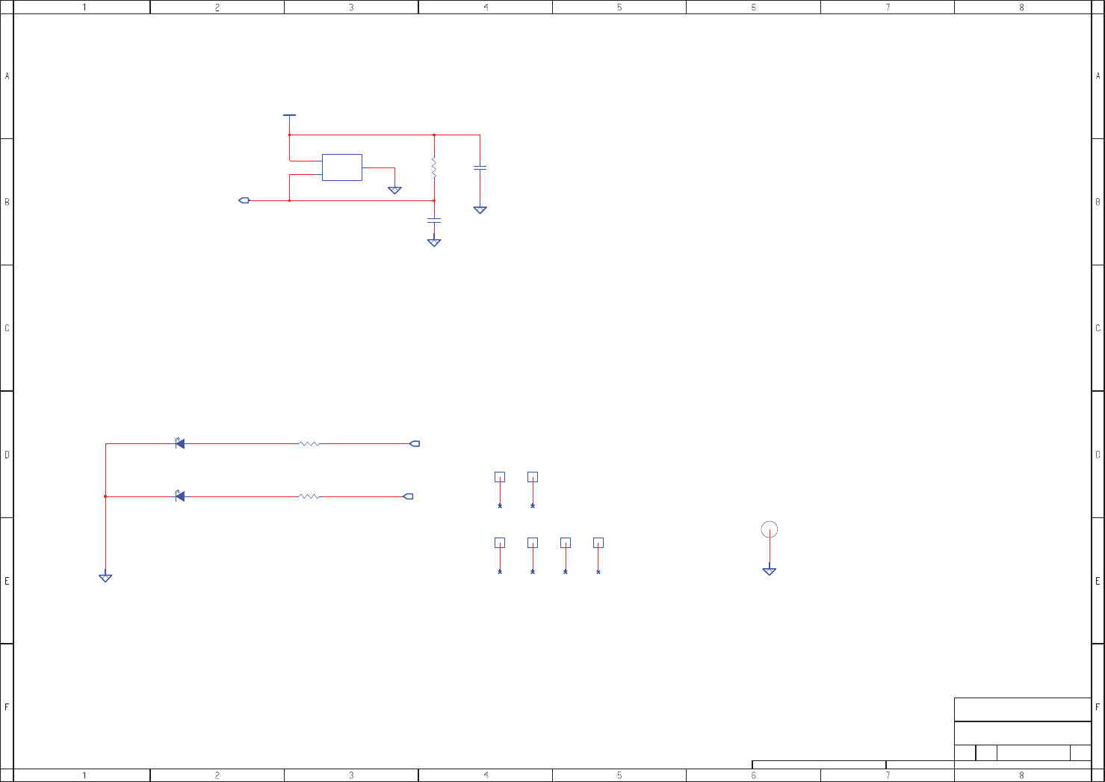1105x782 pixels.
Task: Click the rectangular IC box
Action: [x=341, y=167]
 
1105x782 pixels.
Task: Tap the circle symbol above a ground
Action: [x=769, y=529]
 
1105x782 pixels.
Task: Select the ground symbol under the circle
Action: [x=769, y=572]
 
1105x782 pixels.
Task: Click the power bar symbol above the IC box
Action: [x=289, y=116]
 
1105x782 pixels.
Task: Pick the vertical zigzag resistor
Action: [x=433, y=167]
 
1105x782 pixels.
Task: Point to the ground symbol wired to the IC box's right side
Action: [x=394, y=191]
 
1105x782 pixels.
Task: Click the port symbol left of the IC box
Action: [x=244, y=200]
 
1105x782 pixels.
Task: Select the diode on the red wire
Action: [x=179, y=496]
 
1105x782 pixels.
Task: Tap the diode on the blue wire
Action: [x=179, y=444]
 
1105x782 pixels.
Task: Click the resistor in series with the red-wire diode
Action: [x=309, y=496]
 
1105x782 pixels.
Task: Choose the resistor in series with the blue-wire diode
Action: [x=309, y=444]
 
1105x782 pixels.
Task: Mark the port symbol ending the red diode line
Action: [x=408, y=496]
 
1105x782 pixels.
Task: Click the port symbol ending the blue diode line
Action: [x=415, y=444]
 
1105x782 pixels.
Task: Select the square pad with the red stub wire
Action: [x=598, y=543]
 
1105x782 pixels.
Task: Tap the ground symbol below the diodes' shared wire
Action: [x=105, y=578]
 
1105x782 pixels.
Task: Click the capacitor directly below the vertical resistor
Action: [x=433, y=221]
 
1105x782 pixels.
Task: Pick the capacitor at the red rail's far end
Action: [x=480, y=168]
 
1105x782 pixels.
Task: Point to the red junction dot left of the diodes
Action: [x=105, y=496]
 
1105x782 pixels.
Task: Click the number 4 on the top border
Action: [x=486, y=7]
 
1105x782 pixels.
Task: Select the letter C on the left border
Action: [x=7, y=328]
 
